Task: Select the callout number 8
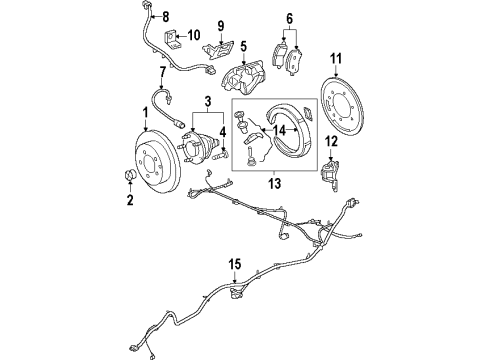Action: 166,16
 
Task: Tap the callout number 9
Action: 221,25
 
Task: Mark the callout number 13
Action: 273,184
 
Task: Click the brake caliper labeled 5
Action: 245,81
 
